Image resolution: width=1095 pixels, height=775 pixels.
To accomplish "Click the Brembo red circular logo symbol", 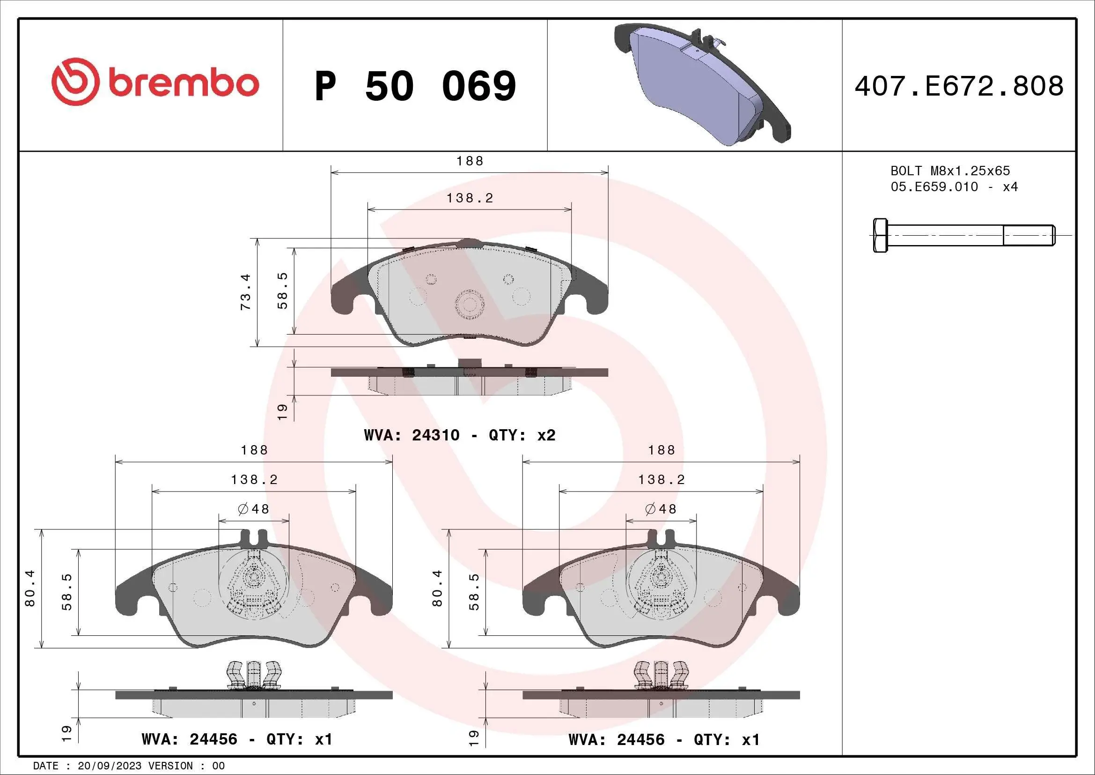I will coord(76,82).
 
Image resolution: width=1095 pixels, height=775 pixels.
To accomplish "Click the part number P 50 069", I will coord(415,86).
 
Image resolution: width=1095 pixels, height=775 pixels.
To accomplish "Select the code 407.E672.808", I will coord(959,86).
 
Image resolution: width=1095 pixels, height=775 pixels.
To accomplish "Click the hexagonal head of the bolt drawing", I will coord(881,235).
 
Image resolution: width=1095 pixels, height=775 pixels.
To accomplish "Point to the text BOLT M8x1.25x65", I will coord(950,171).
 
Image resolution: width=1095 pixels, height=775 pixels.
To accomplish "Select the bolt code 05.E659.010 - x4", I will coord(954,187).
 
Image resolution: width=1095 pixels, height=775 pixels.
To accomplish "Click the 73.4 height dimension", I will coord(246,292).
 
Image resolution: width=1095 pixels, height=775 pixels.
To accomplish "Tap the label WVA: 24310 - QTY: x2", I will coord(459,435).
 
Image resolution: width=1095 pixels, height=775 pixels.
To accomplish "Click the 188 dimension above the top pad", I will coord(470,161).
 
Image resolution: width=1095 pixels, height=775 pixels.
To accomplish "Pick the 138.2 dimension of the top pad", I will coord(470,198).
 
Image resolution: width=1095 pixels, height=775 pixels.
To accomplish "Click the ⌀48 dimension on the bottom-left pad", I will coord(254,509).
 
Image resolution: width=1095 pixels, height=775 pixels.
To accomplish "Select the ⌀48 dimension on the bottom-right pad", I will coord(661,509).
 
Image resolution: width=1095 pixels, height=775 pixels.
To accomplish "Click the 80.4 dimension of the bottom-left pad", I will coord(30,589).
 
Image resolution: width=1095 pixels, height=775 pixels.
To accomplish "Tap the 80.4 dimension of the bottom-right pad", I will coord(437,589).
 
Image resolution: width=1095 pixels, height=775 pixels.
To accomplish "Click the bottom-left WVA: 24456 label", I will coord(237,739).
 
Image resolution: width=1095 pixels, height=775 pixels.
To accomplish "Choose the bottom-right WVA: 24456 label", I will coord(664,740).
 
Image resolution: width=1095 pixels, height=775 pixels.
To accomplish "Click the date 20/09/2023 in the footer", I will coord(109,766).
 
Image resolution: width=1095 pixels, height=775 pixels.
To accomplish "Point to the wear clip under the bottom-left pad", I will coord(254,675).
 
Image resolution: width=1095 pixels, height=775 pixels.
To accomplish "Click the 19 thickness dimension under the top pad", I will coord(283,411).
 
